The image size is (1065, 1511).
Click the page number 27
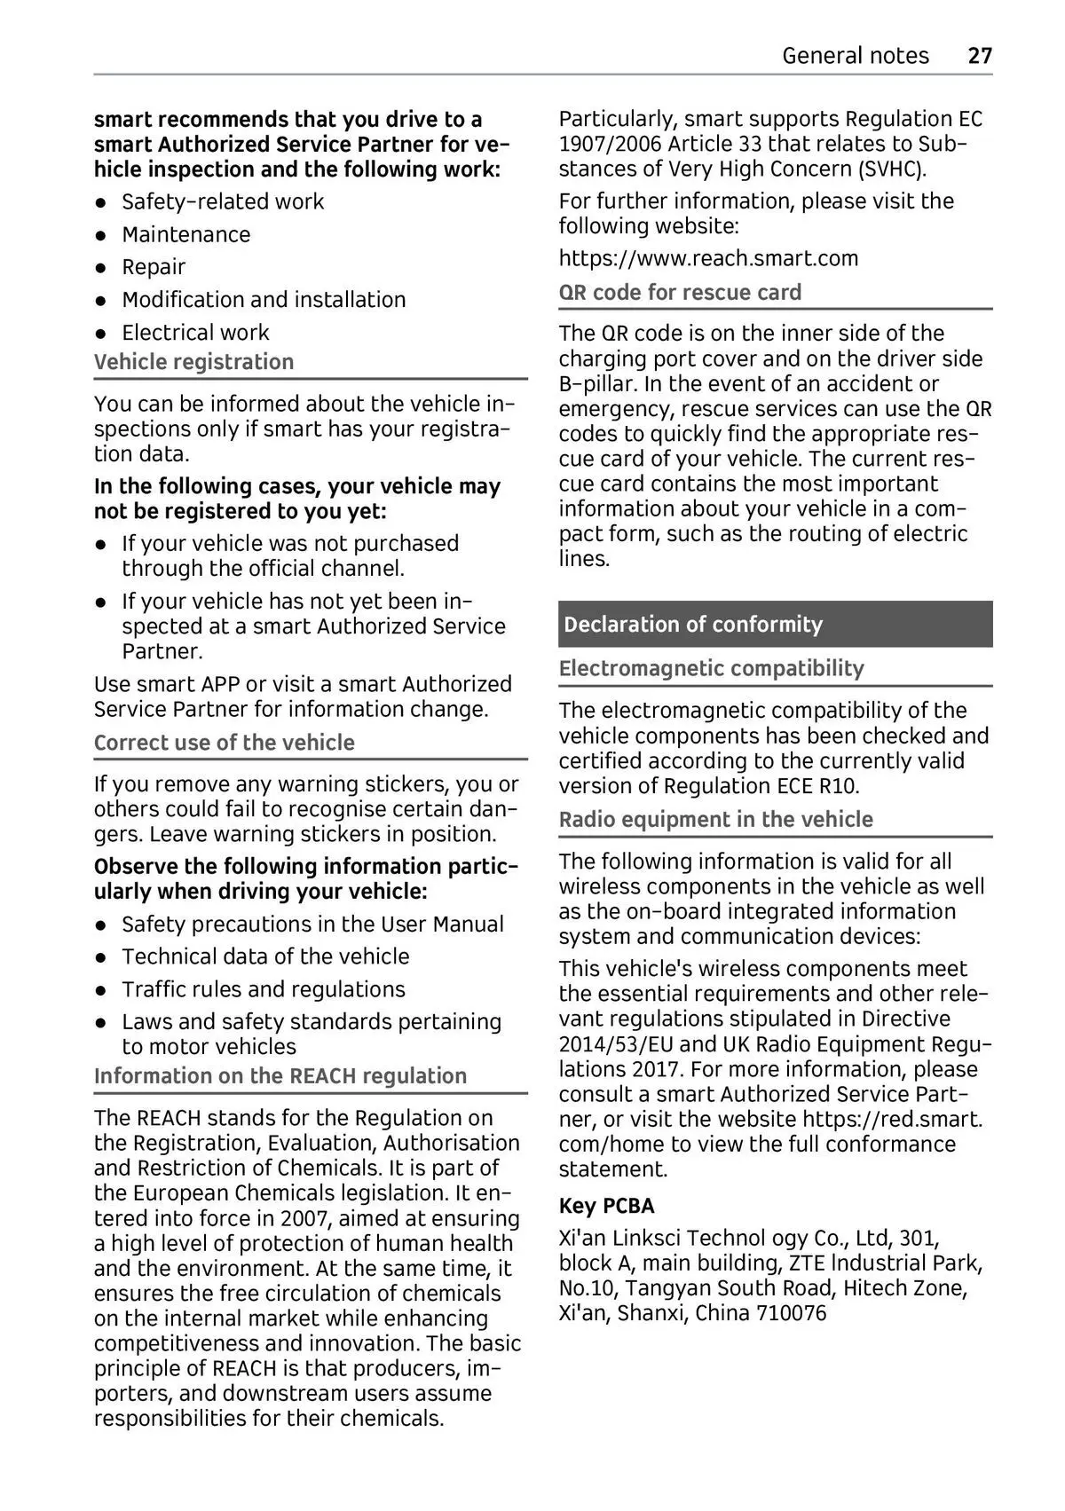[979, 56]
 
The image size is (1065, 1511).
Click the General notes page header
[855, 56]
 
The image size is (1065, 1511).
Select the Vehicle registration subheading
[193, 362]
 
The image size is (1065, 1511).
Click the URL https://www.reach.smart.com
[708, 259]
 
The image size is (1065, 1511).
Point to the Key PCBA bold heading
[606, 1207]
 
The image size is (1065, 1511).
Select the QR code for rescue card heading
[680, 293]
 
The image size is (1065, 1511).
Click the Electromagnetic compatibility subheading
[711, 669]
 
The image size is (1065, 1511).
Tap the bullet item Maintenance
[185, 235]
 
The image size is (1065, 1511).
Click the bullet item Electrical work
[195, 333]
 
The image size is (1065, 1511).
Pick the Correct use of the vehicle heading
[224, 743]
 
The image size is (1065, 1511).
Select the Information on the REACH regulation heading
[280, 1076]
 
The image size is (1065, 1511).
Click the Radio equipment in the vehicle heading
[715, 820]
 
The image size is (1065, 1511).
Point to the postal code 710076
[791, 1313]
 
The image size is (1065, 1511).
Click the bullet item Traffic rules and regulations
[263, 989]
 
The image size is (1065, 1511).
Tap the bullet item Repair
[154, 267]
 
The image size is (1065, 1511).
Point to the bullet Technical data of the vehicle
[265, 956]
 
